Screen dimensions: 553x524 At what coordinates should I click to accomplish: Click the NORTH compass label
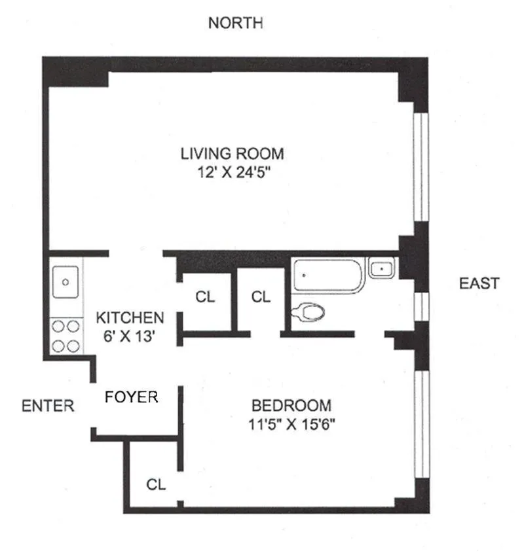[x=235, y=24]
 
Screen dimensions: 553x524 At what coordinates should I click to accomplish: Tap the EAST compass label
[x=479, y=283]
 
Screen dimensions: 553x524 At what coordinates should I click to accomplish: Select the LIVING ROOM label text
[x=233, y=154]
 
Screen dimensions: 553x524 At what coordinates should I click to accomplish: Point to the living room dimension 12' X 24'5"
[x=233, y=174]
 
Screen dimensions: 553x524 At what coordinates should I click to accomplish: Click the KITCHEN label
[x=130, y=318]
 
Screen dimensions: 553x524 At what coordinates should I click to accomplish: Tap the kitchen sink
[x=65, y=282]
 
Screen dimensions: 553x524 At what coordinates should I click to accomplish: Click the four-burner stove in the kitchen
[x=65, y=336]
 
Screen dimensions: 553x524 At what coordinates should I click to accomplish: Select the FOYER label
[x=132, y=397]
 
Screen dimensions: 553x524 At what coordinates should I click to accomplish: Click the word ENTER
[x=48, y=406]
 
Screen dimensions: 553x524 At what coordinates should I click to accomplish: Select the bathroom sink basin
[x=381, y=268]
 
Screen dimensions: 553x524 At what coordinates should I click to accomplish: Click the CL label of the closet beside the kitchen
[x=205, y=297]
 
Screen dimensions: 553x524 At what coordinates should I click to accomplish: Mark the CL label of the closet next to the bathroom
[x=261, y=297]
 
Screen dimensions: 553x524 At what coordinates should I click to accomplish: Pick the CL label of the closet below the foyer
[x=156, y=485]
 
